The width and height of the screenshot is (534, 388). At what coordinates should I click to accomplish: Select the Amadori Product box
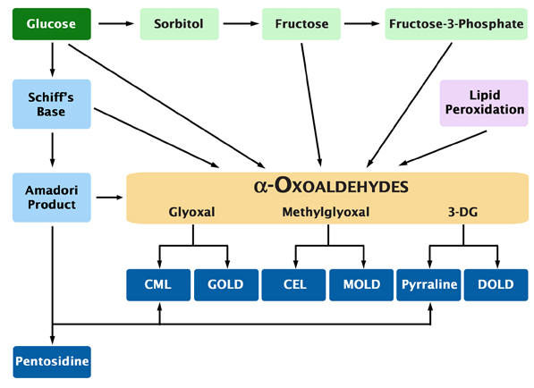[x=52, y=197]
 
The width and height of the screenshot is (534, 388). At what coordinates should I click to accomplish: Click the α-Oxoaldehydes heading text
[x=331, y=186]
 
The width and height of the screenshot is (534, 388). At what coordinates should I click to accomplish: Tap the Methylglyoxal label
[x=326, y=213]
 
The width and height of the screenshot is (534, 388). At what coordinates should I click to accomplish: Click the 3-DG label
[x=462, y=213]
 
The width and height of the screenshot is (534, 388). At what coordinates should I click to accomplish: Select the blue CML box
[x=159, y=284]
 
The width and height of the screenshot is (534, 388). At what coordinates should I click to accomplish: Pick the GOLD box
[x=226, y=284]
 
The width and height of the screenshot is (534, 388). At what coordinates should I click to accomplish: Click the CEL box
[x=293, y=284]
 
